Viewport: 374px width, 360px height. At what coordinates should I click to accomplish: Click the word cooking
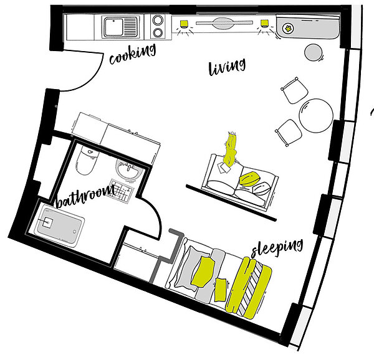133,54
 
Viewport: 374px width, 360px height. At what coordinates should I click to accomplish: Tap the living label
227,67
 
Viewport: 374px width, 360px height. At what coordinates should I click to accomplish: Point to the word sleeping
277,248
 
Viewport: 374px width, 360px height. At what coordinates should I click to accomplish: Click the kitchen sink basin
113,27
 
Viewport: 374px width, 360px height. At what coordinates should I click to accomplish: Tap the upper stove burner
158,20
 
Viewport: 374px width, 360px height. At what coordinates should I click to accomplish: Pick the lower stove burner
158,32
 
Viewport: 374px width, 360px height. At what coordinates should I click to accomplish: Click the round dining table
316,115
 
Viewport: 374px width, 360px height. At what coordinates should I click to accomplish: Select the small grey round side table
314,52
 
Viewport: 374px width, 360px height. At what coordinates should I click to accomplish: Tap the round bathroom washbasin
129,169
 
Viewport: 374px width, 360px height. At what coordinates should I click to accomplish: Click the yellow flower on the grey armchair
288,29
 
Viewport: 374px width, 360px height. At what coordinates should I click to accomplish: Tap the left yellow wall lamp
184,23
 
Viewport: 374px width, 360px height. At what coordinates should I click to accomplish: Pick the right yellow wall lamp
264,23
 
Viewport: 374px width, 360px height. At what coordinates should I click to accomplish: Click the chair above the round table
295,90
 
